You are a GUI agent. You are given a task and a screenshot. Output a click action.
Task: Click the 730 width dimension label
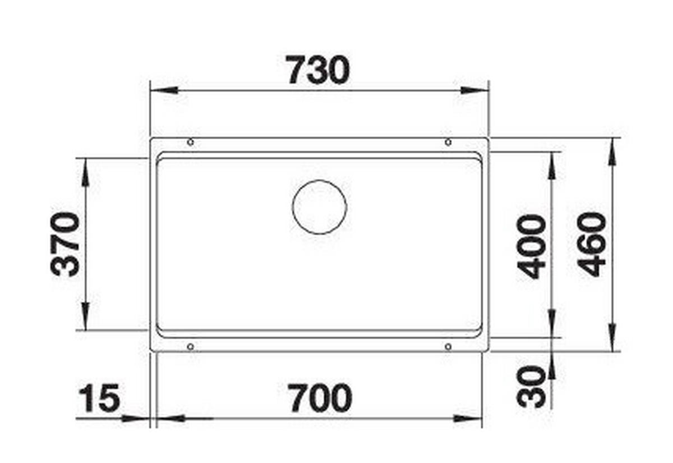319,70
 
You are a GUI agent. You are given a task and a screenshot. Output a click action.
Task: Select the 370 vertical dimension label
65,244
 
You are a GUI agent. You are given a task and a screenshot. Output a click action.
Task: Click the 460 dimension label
591,244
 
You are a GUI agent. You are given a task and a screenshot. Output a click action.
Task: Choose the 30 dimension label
531,386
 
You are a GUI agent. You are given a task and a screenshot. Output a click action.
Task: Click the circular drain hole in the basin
319,207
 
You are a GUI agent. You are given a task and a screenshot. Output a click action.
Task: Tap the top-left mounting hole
190,142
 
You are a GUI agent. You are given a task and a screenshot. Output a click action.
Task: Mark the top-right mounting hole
448,142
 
